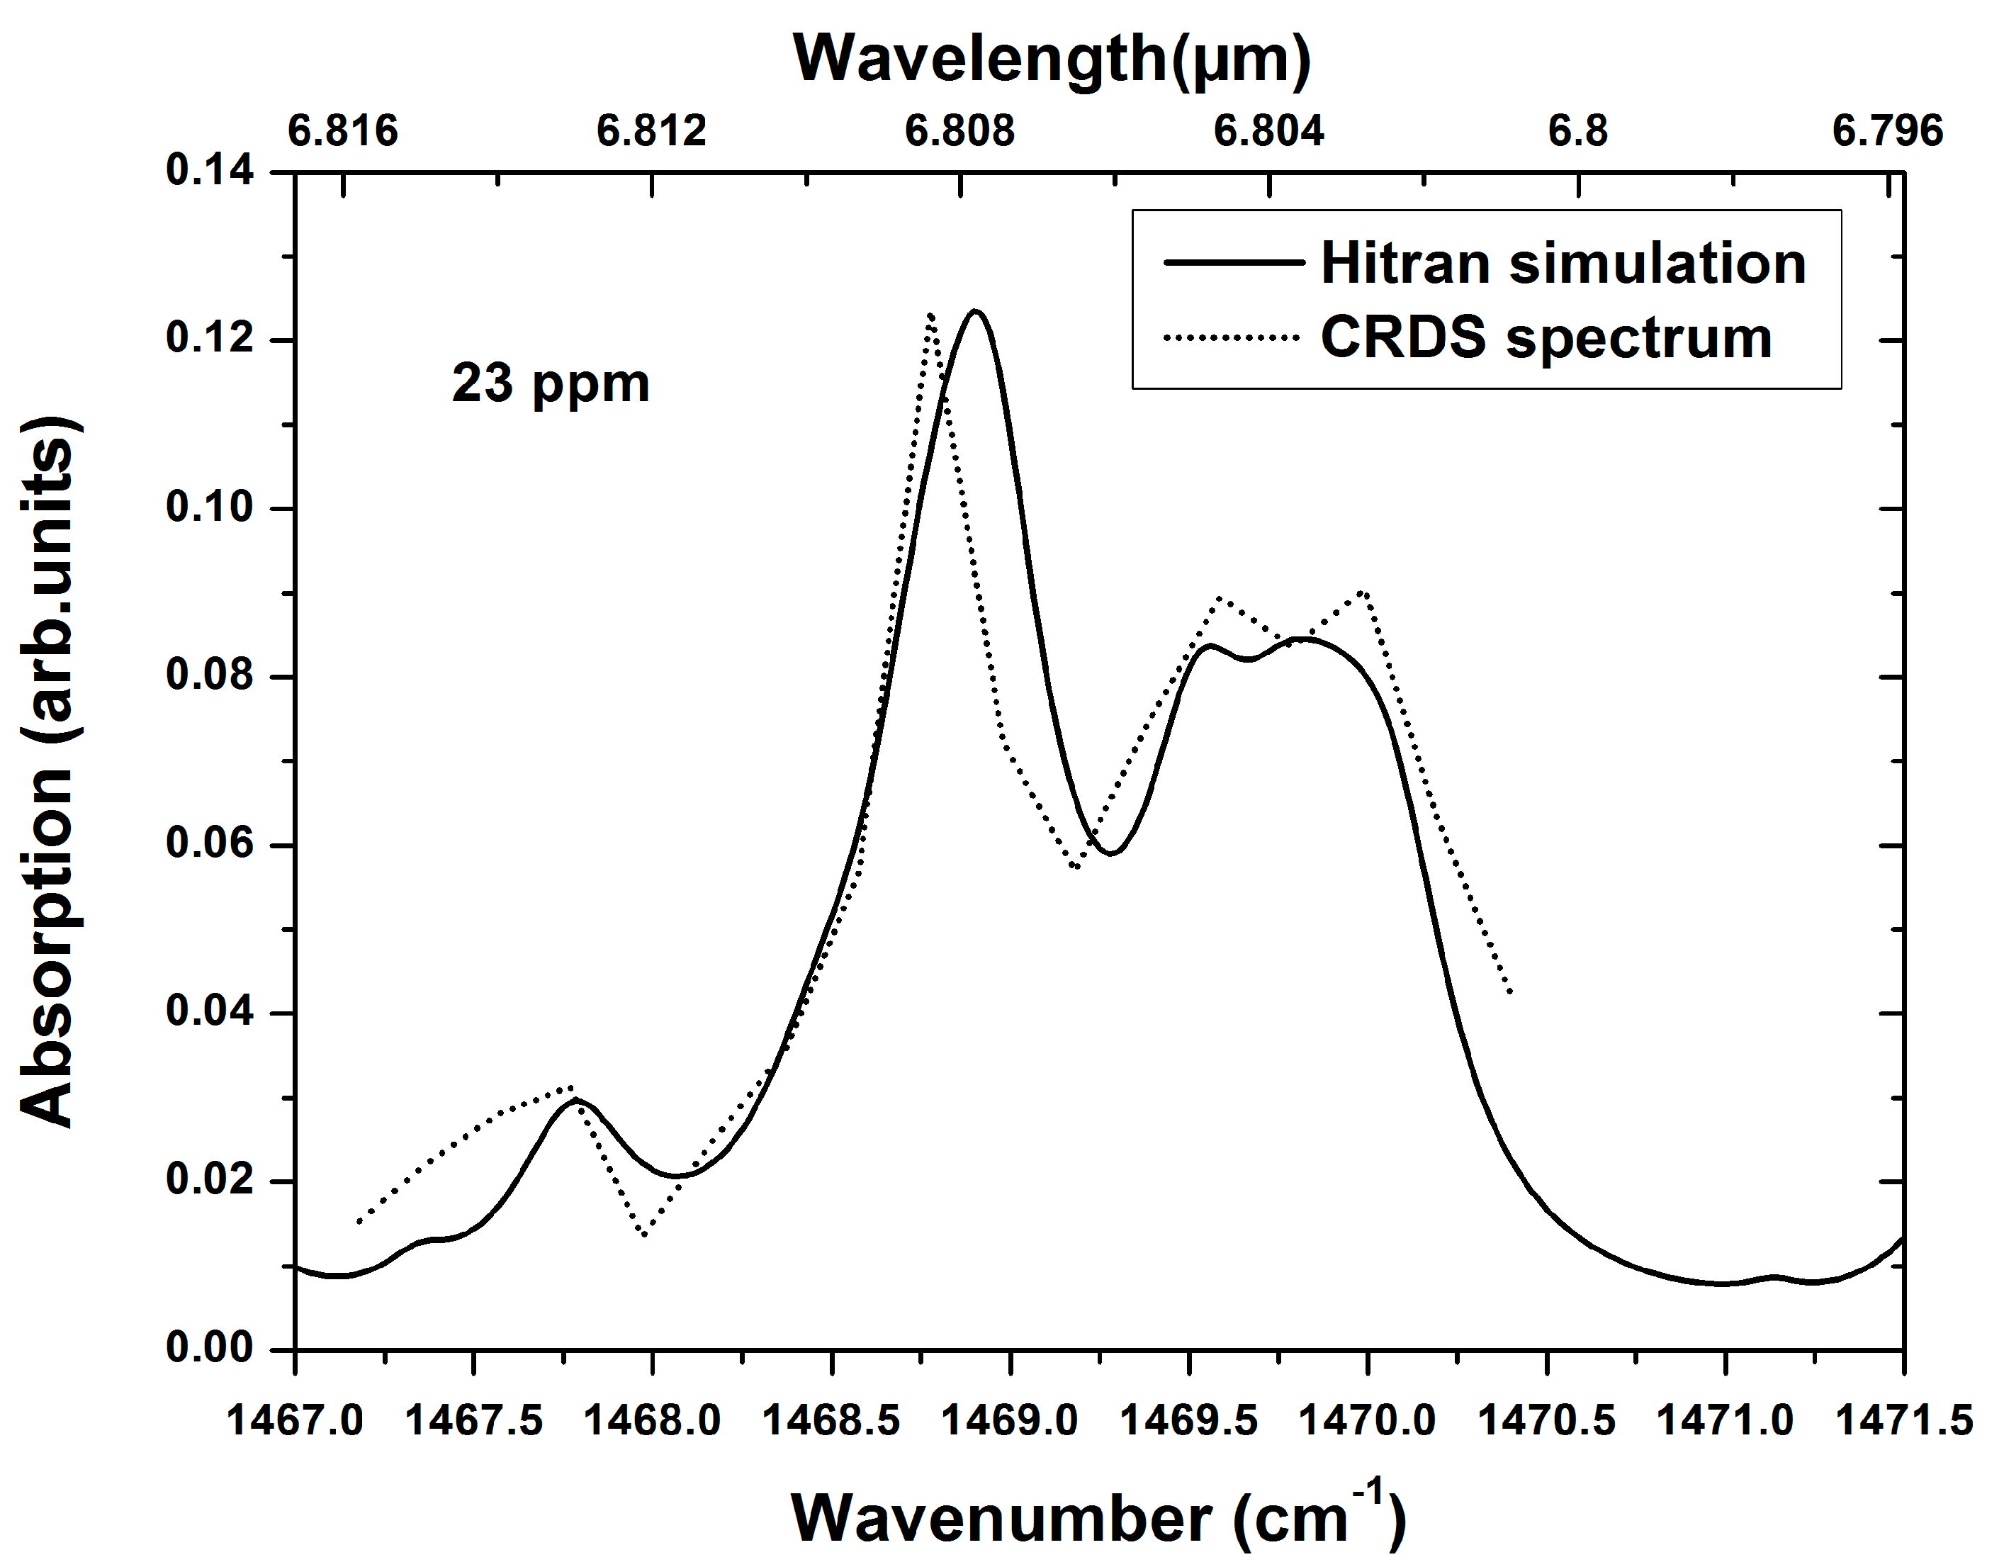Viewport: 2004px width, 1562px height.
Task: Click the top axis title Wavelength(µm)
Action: (x=1052, y=59)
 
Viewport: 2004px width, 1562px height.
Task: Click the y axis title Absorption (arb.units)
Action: (x=47, y=771)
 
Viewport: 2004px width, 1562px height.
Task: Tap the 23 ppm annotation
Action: (x=551, y=383)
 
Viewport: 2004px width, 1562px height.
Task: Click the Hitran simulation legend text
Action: (x=1563, y=264)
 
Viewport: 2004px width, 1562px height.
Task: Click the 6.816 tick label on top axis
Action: (x=342, y=131)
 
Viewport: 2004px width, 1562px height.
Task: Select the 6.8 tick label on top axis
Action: (x=1577, y=131)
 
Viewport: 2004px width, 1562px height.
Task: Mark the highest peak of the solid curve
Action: (x=974, y=311)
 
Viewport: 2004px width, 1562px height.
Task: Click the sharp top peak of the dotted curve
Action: (x=930, y=315)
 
